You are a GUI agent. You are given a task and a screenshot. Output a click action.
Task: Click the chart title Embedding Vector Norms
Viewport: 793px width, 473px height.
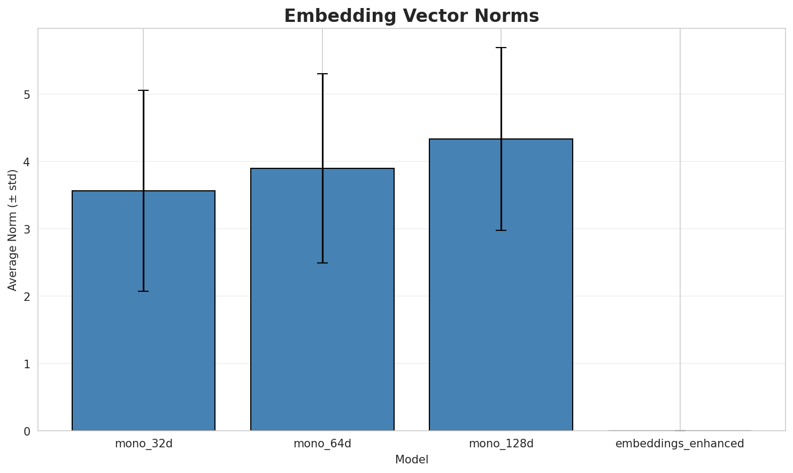[411, 16]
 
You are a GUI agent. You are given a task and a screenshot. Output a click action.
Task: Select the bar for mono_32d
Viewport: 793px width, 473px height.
[143, 321]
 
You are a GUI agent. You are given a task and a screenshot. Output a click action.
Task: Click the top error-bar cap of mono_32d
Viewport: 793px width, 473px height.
[143, 91]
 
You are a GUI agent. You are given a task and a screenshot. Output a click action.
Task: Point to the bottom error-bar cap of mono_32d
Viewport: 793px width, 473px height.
[143, 291]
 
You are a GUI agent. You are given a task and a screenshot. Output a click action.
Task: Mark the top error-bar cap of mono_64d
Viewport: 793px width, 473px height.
[322, 74]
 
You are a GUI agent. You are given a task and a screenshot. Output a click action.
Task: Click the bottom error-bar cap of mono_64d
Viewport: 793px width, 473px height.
[322, 263]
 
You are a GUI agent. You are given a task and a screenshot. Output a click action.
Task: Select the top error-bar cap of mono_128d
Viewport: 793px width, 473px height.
[501, 48]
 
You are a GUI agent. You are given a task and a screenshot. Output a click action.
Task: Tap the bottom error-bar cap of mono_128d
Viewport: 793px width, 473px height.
[501, 230]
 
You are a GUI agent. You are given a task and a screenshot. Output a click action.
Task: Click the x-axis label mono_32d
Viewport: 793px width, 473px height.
[143, 444]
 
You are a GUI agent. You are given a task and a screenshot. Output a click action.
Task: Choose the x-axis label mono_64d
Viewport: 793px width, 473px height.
[322, 444]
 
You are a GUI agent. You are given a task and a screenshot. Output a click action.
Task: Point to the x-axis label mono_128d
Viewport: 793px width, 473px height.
[501, 444]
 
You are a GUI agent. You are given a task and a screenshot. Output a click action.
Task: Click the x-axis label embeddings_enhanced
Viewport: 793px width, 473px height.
[680, 444]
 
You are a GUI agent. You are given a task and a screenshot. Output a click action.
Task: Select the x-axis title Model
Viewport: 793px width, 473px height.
[411, 460]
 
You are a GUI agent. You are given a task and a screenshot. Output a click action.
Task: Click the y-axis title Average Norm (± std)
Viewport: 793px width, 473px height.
[13, 230]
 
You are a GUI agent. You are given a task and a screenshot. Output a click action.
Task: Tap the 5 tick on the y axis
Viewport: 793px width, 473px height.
[27, 95]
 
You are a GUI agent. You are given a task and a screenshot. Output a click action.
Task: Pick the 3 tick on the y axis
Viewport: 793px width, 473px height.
[27, 229]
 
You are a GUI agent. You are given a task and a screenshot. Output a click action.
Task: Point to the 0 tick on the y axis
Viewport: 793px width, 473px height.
[27, 431]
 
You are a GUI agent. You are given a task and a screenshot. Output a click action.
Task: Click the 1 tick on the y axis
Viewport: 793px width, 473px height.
[27, 364]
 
